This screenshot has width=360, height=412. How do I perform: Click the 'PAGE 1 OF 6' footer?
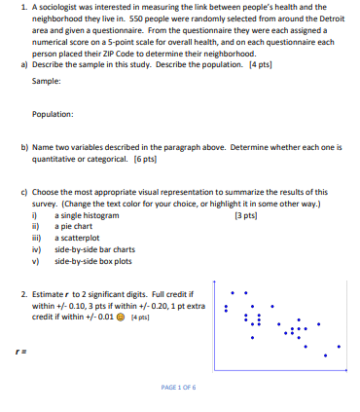[179, 387]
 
